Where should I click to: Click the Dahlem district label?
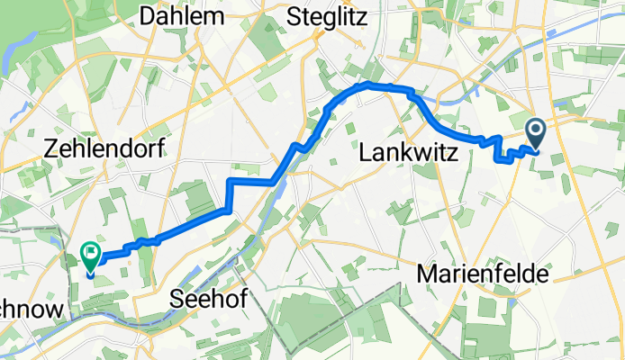pyautogui.click(x=182, y=16)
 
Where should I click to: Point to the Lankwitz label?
pyautogui.click(x=409, y=155)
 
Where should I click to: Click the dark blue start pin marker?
pyautogui.click(x=536, y=134)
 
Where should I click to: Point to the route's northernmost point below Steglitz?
pyautogui.click(x=369, y=85)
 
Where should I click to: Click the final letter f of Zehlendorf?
pyautogui.click(x=160, y=151)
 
